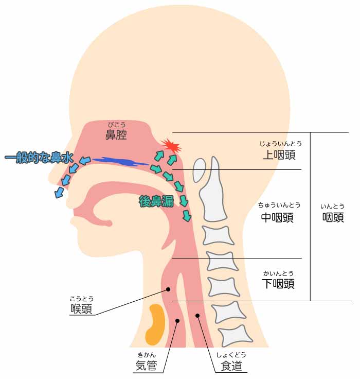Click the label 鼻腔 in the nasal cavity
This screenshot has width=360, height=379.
tap(116, 134)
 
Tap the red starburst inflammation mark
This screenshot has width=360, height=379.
tap(171, 146)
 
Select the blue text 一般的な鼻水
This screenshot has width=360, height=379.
tap(39, 158)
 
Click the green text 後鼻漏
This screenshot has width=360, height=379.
tap(156, 201)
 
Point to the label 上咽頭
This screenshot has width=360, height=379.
tap(279, 154)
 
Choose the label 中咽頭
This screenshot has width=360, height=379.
tap(277, 217)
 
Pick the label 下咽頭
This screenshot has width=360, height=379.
tap(278, 284)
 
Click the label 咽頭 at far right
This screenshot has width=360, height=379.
tap(333, 217)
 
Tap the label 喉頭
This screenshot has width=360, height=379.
tap(81, 308)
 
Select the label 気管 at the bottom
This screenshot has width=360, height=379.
tap(147, 365)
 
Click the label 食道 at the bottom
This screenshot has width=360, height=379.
tap(231, 366)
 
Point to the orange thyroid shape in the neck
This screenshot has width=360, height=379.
tap(155, 324)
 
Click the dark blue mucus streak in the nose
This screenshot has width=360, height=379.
tap(119, 162)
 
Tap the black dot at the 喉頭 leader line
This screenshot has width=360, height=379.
tap(168, 289)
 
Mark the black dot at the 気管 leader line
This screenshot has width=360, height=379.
tap(177, 321)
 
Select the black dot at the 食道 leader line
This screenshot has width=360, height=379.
tap(197, 316)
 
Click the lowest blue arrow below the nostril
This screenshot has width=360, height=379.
tap(59, 193)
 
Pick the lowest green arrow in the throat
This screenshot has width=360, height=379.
tap(187, 216)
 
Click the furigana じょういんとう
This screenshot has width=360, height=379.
tap(281, 144)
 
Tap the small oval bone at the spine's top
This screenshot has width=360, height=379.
tap(200, 170)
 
